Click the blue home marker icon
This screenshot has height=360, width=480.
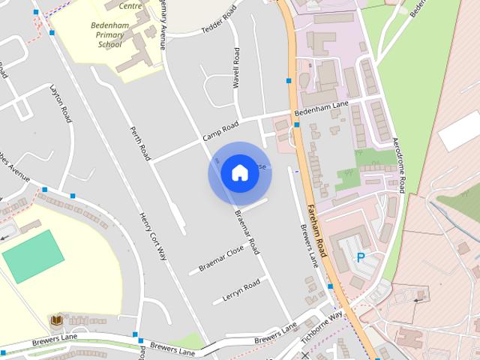tap(239, 173)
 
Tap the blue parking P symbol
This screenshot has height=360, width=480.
tap(361, 257)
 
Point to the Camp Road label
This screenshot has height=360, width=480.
tap(220, 132)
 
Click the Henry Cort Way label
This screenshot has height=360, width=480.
tap(151, 236)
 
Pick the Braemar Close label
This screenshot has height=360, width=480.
tap(221, 258)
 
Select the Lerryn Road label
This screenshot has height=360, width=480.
tap(241, 290)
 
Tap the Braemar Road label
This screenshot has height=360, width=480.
tap(247, 231)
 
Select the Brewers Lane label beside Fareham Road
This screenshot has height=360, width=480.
tap(310, 246)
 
